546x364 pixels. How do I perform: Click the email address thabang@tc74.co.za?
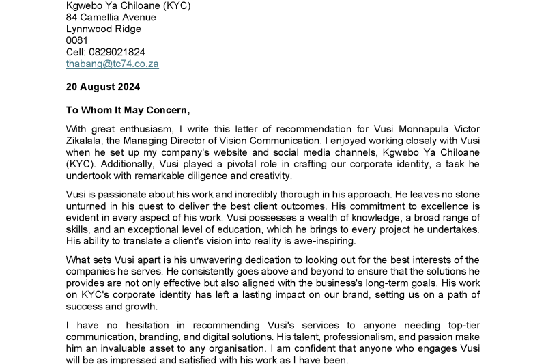113,64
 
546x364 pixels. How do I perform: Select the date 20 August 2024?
103,87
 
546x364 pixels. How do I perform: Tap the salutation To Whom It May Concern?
128,109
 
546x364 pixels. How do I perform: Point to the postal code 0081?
77,40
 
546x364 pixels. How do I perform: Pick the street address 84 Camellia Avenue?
111,17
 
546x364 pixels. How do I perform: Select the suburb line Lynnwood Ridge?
104,29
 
